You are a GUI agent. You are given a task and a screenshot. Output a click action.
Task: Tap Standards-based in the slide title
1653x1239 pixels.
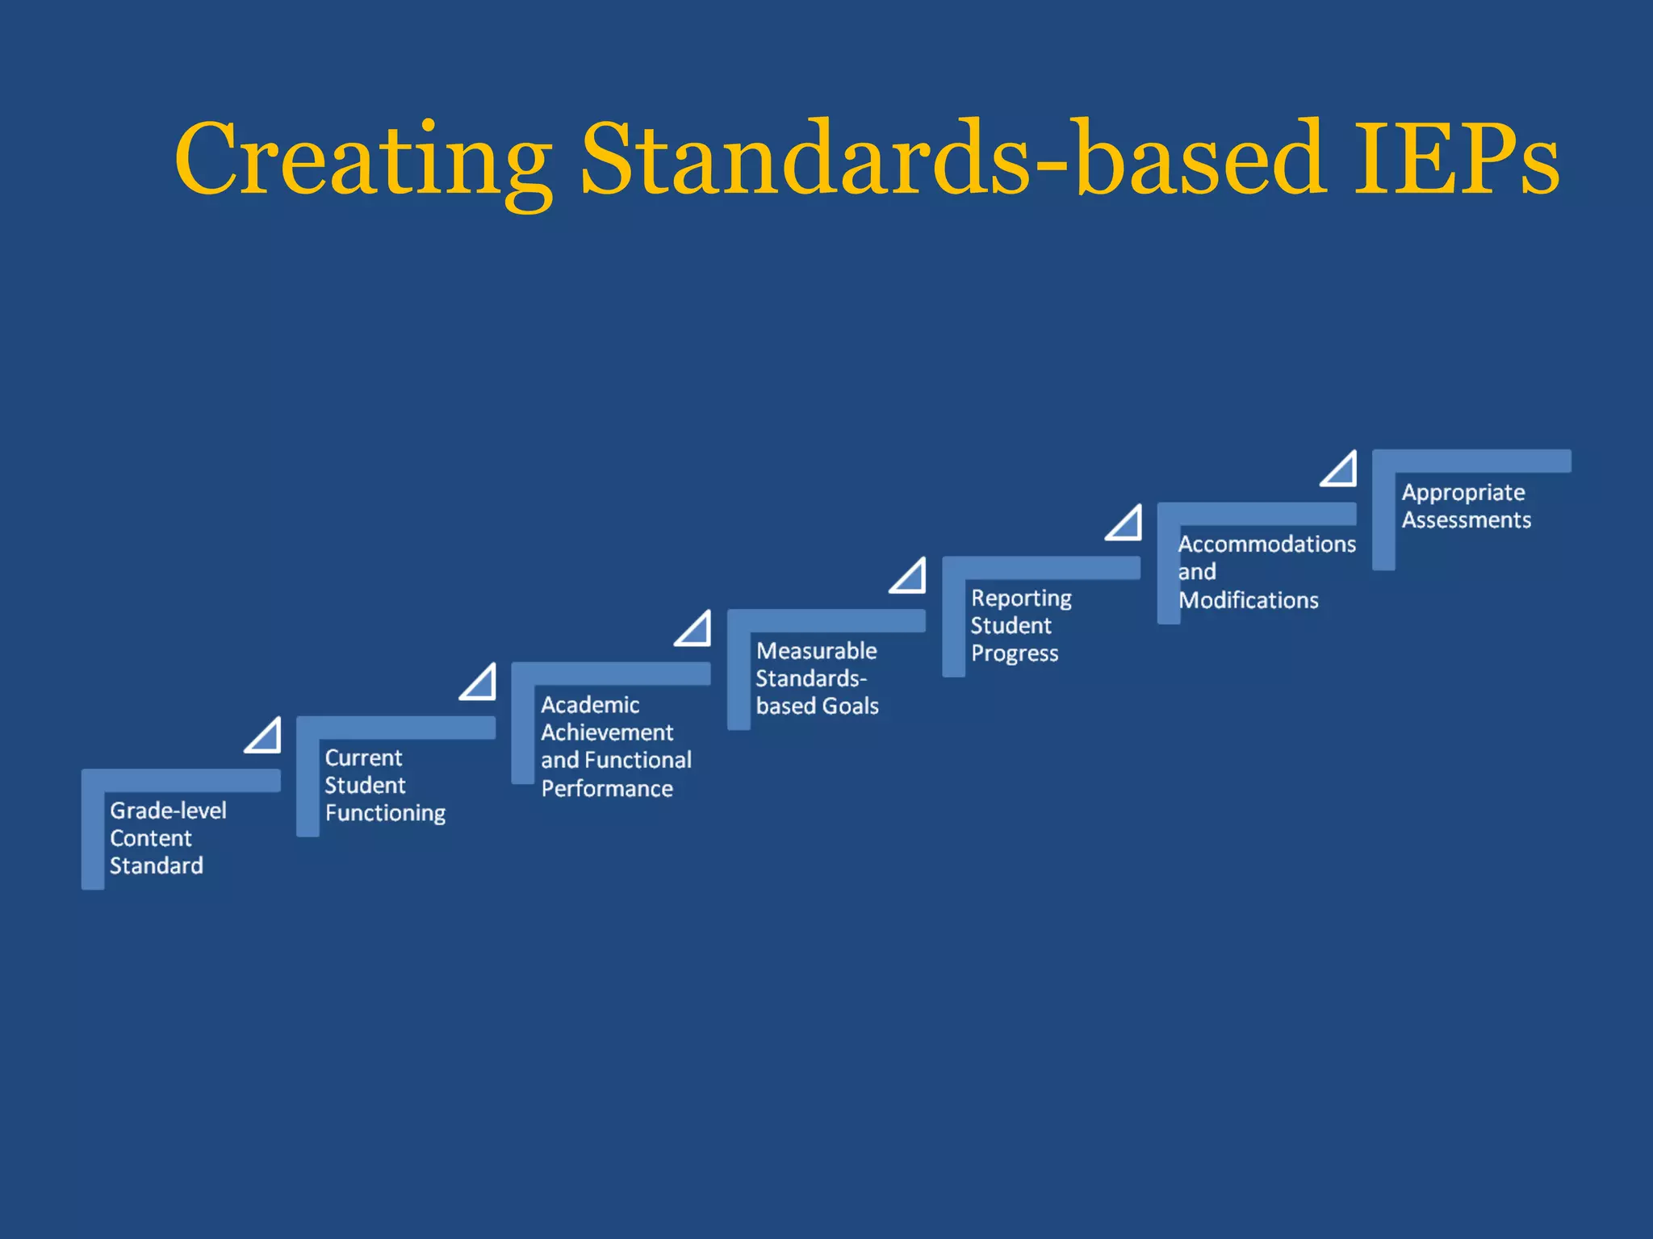[x=952, y=160]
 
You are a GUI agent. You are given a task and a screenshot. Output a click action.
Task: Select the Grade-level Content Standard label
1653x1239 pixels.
[x=167, y=838]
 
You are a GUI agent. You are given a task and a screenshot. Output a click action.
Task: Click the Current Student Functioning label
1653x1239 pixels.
[x=384, y=786]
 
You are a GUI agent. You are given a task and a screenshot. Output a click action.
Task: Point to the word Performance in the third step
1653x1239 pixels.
[x=606, y=789]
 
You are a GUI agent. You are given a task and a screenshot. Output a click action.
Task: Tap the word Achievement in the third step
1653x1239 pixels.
[x=606, y=732]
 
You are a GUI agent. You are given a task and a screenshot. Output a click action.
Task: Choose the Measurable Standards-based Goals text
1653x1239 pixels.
[x=816, y=678]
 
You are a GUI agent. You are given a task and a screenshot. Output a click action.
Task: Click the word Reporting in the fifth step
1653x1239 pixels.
[x=1020, y=599]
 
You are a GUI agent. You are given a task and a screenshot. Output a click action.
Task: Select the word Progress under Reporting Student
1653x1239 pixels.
[x=1014, y=653]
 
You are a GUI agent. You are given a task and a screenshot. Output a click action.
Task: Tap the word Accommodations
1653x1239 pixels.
[x=1266, y=544]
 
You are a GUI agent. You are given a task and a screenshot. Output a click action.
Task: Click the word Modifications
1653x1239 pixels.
[x=1248, y=601]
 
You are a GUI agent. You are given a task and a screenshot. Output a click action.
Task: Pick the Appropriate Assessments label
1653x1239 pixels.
[x=1465, y=507]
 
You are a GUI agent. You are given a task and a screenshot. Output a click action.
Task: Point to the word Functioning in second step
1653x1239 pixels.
[x=385, y=813]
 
